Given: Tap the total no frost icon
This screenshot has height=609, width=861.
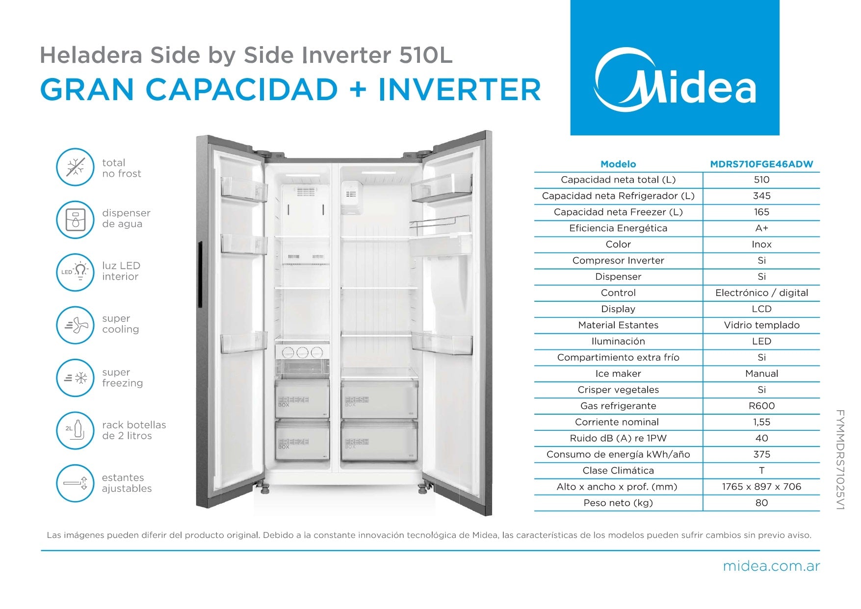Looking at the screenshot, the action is point(75,167).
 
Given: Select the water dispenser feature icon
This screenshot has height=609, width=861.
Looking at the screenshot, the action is point(75,219).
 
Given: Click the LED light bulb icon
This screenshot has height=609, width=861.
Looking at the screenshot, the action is point(75,272).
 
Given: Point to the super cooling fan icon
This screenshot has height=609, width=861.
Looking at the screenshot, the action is point(75,325).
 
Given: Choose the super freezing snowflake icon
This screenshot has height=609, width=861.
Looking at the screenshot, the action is point(75,378).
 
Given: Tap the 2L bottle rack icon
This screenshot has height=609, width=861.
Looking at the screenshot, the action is point(75,430).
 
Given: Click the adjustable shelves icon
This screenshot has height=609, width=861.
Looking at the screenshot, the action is point(75,483).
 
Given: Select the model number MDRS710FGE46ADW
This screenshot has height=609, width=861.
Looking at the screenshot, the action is point(761,164).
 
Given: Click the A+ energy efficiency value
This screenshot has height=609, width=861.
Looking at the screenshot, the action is point(761,228).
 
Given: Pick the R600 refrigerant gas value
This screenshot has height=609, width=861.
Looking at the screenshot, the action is point(761,406).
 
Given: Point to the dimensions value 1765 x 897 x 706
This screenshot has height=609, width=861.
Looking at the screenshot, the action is point(761,487).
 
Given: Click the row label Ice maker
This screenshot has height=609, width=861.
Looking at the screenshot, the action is point(618,373).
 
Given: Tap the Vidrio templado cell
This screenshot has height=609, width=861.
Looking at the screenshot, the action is point(761,325).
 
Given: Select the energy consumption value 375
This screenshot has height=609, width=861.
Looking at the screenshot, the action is point(761,454).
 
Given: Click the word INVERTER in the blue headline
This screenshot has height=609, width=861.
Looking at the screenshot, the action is point(460,90).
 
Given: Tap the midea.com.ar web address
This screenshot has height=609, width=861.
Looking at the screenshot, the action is point(771,566).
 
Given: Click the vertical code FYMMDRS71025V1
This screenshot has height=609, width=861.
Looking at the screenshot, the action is point(839,460).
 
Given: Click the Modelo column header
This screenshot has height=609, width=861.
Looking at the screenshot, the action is point(618,164).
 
